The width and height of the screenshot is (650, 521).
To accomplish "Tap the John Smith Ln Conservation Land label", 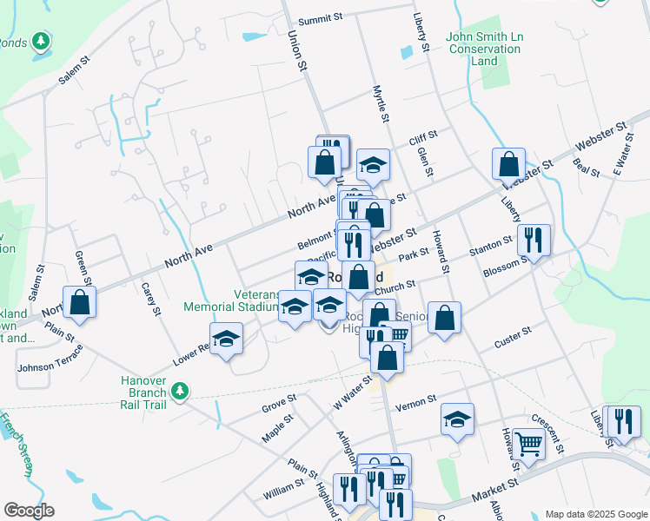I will tap(484, 49).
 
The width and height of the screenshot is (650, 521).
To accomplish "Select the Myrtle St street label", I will tap(378, 103).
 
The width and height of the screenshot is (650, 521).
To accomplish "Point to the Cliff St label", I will tap(423, 141).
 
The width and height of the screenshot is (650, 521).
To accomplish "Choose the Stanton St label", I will tap(491, 246).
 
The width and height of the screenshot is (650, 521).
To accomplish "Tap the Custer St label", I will tap(512, 334).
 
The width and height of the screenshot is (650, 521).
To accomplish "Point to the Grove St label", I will tap(280, 403).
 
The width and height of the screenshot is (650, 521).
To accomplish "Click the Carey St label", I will tap(151, 298).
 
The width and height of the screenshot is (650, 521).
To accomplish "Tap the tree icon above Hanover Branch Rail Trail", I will tap(180, 392).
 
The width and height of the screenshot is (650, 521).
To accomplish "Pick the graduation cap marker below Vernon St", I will tap(457, 420).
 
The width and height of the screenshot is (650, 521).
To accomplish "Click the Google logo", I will tap(29, 510).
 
